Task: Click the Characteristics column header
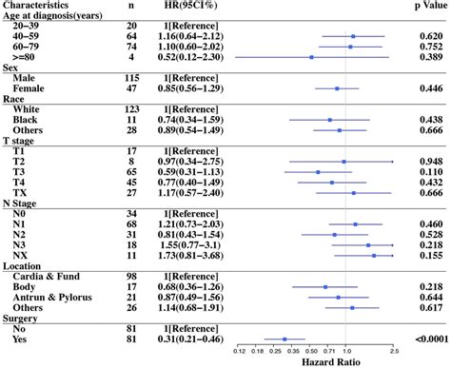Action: pyautogui.click(x=42, y=6)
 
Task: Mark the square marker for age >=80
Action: pyautogui.click(x=311, y=57)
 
